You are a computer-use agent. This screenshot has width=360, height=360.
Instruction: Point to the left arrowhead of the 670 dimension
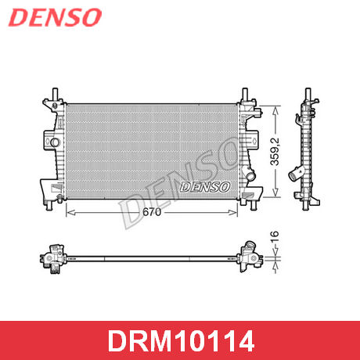66,212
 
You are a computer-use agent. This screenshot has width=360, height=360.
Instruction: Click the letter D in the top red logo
17,17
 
